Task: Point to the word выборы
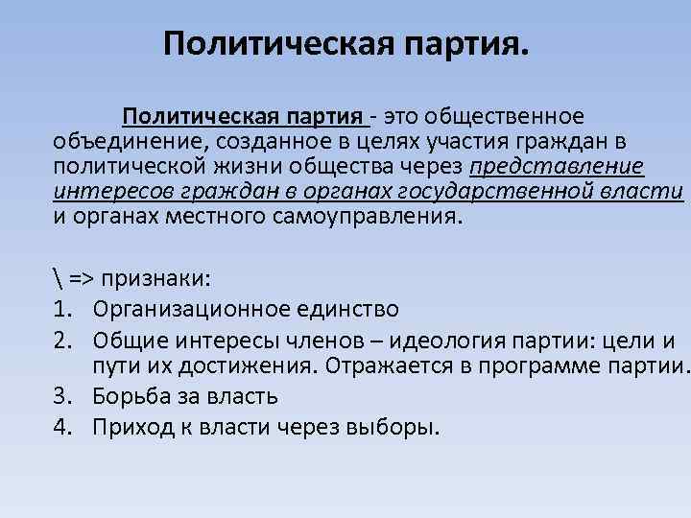pos(393,425)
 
